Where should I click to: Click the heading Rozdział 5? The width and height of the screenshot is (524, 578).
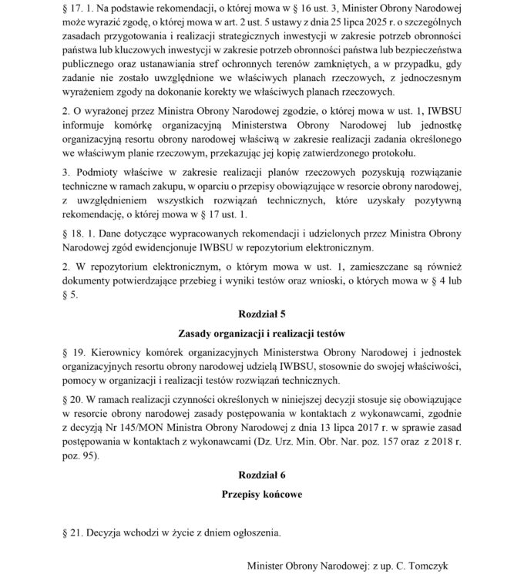261,314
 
